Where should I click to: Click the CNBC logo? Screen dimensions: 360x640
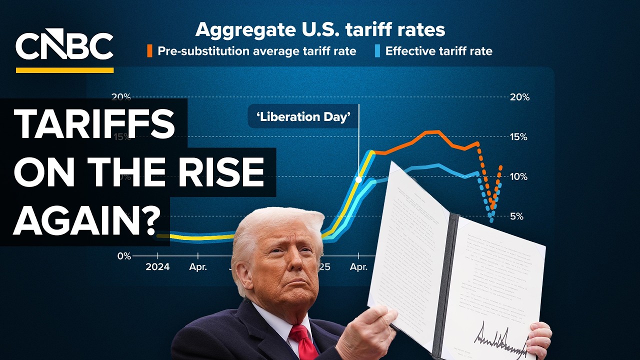coord(64,46)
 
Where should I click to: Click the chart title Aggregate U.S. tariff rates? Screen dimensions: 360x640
coord(320,29)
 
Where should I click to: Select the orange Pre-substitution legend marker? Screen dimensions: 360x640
coord(149,50)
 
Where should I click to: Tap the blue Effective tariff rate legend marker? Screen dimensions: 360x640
coord(377,50)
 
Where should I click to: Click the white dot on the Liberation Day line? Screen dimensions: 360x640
coord(358,179)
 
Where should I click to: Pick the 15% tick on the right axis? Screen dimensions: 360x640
coord(518,137)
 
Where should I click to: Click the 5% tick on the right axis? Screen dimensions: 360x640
coord(516,216)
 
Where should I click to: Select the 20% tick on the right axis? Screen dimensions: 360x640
coord(518,97)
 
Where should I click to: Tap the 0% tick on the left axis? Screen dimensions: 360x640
coord(123,256)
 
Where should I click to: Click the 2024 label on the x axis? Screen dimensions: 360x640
coord(157,267)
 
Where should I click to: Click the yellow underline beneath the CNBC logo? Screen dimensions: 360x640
coord(64,70)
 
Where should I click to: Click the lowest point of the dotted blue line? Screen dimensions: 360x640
coord(491,220)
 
